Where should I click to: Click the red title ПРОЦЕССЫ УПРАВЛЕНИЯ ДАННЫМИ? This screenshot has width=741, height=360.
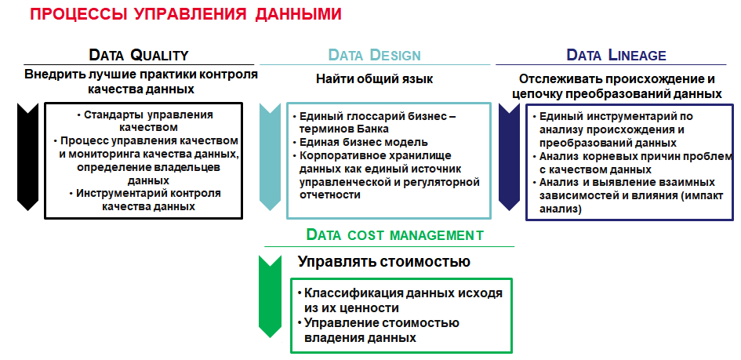coord(186,13)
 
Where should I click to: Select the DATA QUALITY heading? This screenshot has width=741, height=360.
coord(139,55)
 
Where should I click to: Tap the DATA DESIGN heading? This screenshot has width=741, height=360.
coord(374,55)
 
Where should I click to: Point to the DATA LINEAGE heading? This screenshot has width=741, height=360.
coord(616,55)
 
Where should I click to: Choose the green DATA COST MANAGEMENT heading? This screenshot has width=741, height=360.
coord(395,235)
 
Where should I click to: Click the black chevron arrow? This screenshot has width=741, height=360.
coord(27,156)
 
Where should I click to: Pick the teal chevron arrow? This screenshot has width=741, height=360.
coord(271,156)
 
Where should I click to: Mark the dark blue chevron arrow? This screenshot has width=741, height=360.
coord(510,156)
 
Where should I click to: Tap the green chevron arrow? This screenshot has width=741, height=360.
coord(271,296)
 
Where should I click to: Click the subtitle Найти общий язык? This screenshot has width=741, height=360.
coord(374,79)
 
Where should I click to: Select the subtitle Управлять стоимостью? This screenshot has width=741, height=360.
coord(383,261)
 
